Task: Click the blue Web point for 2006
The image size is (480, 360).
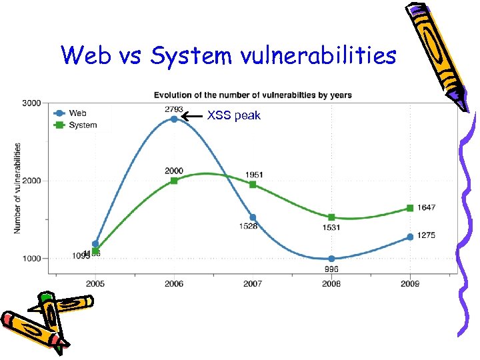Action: click(x=174, y=119)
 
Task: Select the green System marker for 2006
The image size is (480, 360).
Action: click(x=174, y=181)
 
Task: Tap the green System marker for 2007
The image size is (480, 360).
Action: click(x=253, y=184)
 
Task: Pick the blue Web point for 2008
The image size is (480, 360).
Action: click(x=331, y=259)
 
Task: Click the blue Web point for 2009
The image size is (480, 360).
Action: click(x=410, y=237)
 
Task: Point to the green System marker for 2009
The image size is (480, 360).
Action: click(x=410, y=208)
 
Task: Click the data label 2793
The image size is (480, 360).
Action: click(x=174, y=109)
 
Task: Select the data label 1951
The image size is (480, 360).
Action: click(x=254, y=174)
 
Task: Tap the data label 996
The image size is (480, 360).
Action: click(x=331, y=269)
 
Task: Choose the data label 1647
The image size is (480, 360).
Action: click(x=427, y=207)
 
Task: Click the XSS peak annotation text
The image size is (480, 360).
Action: click(x=234, y=115)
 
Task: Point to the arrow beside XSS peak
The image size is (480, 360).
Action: click(x=193, y=116)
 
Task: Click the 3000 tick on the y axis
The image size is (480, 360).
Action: click(x=31, y=103)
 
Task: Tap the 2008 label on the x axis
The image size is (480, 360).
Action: click(x=331, y=284)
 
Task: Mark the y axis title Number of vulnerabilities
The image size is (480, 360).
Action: click(x=17, y=187)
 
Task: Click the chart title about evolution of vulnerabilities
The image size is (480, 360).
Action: click(x=253, y=95)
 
